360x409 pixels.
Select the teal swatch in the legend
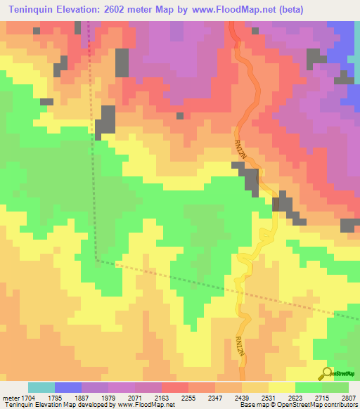pos(41,387)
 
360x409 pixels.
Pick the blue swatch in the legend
pos(68,387)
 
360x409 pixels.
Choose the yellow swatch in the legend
pos(282,387)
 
